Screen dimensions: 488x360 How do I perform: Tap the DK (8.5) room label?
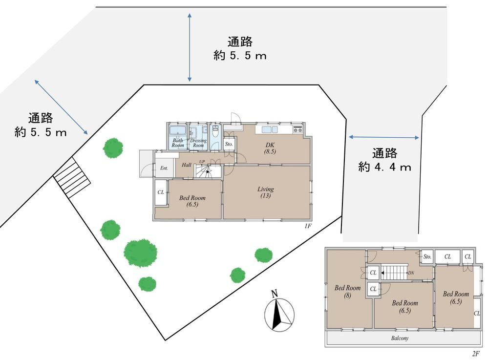pos(270,148)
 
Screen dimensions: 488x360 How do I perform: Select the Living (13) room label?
pos(265,192)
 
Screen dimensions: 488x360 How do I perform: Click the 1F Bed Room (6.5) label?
pos(192,201)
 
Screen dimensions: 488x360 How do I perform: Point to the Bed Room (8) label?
pos(347,291)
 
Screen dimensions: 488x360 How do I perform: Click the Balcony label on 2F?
pos(400,338)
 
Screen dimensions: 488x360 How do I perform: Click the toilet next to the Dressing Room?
pos(215,131)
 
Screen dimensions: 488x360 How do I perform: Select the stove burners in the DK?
pos(297,130)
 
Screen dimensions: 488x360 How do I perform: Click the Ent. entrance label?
pos(164,168)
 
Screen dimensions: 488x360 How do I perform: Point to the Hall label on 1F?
pos(187,165)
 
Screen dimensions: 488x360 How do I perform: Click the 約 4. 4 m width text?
pos(384,168)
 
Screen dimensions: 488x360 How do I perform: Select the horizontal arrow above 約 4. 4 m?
pos(384,137)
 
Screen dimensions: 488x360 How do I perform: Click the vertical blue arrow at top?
pos(190,47)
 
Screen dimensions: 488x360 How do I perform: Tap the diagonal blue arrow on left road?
pos(61,107)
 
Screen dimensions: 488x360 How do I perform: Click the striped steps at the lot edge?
pos(72,177)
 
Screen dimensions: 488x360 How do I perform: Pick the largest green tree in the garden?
pos(141,253)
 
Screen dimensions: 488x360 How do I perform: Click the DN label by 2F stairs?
pos(411,273)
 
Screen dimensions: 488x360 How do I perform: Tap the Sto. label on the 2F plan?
pos(427,257)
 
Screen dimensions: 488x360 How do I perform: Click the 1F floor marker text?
pos(308,226)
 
